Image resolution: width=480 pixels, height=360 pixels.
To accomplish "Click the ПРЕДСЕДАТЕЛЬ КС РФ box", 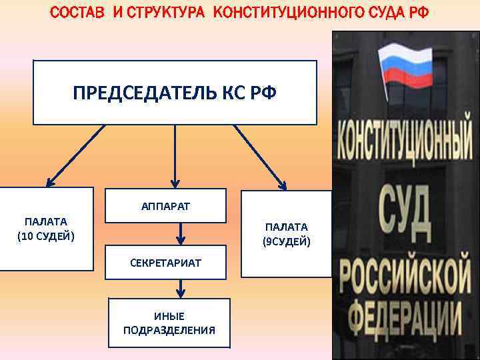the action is [175, 93].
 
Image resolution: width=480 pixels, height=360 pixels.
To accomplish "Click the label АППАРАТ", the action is [165, 206].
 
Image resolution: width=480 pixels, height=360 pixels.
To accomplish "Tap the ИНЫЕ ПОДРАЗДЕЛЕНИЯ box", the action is [169, 323].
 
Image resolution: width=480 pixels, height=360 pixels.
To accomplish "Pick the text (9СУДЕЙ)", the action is [286, 241].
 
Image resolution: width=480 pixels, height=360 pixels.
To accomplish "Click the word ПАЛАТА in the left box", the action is [46, 221].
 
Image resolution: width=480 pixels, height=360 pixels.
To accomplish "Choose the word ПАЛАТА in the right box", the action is [286, 227].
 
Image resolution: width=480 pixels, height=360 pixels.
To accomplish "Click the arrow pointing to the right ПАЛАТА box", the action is [261, 154].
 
